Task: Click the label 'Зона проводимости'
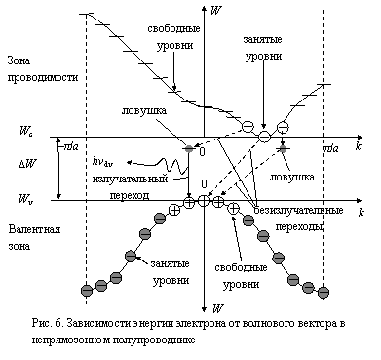point(43,69)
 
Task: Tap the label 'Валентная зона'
point(34,237)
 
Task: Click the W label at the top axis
point(216,11)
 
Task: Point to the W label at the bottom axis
point(217,308)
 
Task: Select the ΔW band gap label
point(28,164)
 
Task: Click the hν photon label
point(102,161)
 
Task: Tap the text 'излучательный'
point(130,180)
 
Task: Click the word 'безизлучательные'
point(298,210)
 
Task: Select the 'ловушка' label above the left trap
point(144,110)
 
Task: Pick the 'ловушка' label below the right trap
point(292,177)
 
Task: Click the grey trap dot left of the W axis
point(189,149)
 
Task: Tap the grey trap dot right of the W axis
point(283,148)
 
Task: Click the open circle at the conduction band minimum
point(264,137)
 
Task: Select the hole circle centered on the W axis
point(204,201)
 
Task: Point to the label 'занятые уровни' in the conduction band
point(263,48)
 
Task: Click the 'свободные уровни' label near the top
point(174,36)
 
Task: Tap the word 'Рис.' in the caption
point(41,324)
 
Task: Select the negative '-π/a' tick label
point(69,147)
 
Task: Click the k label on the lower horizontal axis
point(362,213)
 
